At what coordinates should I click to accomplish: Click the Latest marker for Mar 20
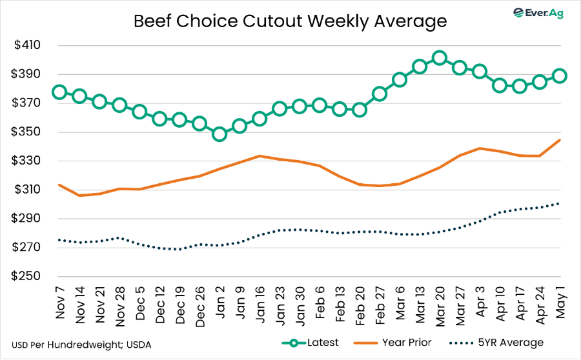tap(440, 58)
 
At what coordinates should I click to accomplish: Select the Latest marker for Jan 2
tap(219, 134)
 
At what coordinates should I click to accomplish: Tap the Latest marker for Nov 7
tap(59, 92)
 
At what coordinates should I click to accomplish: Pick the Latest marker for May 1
tap(560, 76)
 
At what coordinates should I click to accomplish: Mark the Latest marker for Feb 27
tap(380, 94)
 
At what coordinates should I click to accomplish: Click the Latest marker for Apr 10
tap(500, 86)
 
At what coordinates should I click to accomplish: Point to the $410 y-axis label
tap(27, 45)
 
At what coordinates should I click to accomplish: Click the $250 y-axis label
tap(26, 276)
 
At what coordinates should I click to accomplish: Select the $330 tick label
tap(26, 161)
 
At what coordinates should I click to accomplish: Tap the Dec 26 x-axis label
tap(200, 306)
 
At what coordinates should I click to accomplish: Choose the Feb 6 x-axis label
tap(320, 303)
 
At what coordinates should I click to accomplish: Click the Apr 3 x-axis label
tap(480, 302)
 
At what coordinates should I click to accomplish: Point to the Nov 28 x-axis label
tap(120, 306)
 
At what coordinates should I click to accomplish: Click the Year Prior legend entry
tap(392, 343)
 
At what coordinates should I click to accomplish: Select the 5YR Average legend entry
tap(496, 343)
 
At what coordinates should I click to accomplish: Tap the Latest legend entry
tap(310, 343)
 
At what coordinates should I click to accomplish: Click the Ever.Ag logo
tap(538, 13)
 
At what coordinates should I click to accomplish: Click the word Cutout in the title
tap(272, 21)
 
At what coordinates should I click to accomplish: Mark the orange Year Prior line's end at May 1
tap(560, 140)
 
